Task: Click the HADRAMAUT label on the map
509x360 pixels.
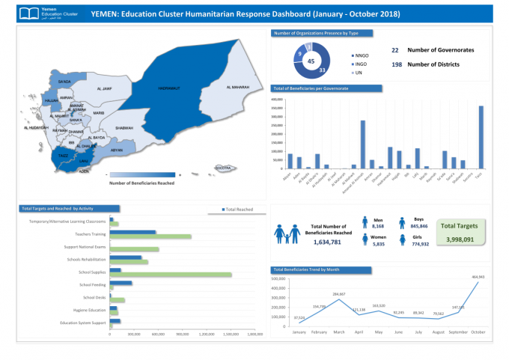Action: coord(169,88)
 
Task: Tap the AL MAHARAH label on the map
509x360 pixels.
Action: coord(238,88)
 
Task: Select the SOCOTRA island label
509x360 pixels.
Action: coord(222,168)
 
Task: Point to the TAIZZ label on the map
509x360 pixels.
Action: coord(63,156)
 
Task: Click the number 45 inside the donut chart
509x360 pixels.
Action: coord(310,61)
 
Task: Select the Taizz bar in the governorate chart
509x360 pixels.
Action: coord(481,138)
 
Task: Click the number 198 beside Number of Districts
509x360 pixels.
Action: coord(396,64)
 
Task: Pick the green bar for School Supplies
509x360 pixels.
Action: coord(171,275)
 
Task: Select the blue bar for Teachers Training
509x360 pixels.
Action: coord(132,233)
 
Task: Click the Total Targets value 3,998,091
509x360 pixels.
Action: coord(458,240)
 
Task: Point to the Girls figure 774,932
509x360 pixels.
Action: coord(419,244)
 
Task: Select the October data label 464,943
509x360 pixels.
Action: coord(478,277)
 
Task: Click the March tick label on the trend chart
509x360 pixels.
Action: coord(339,332)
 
